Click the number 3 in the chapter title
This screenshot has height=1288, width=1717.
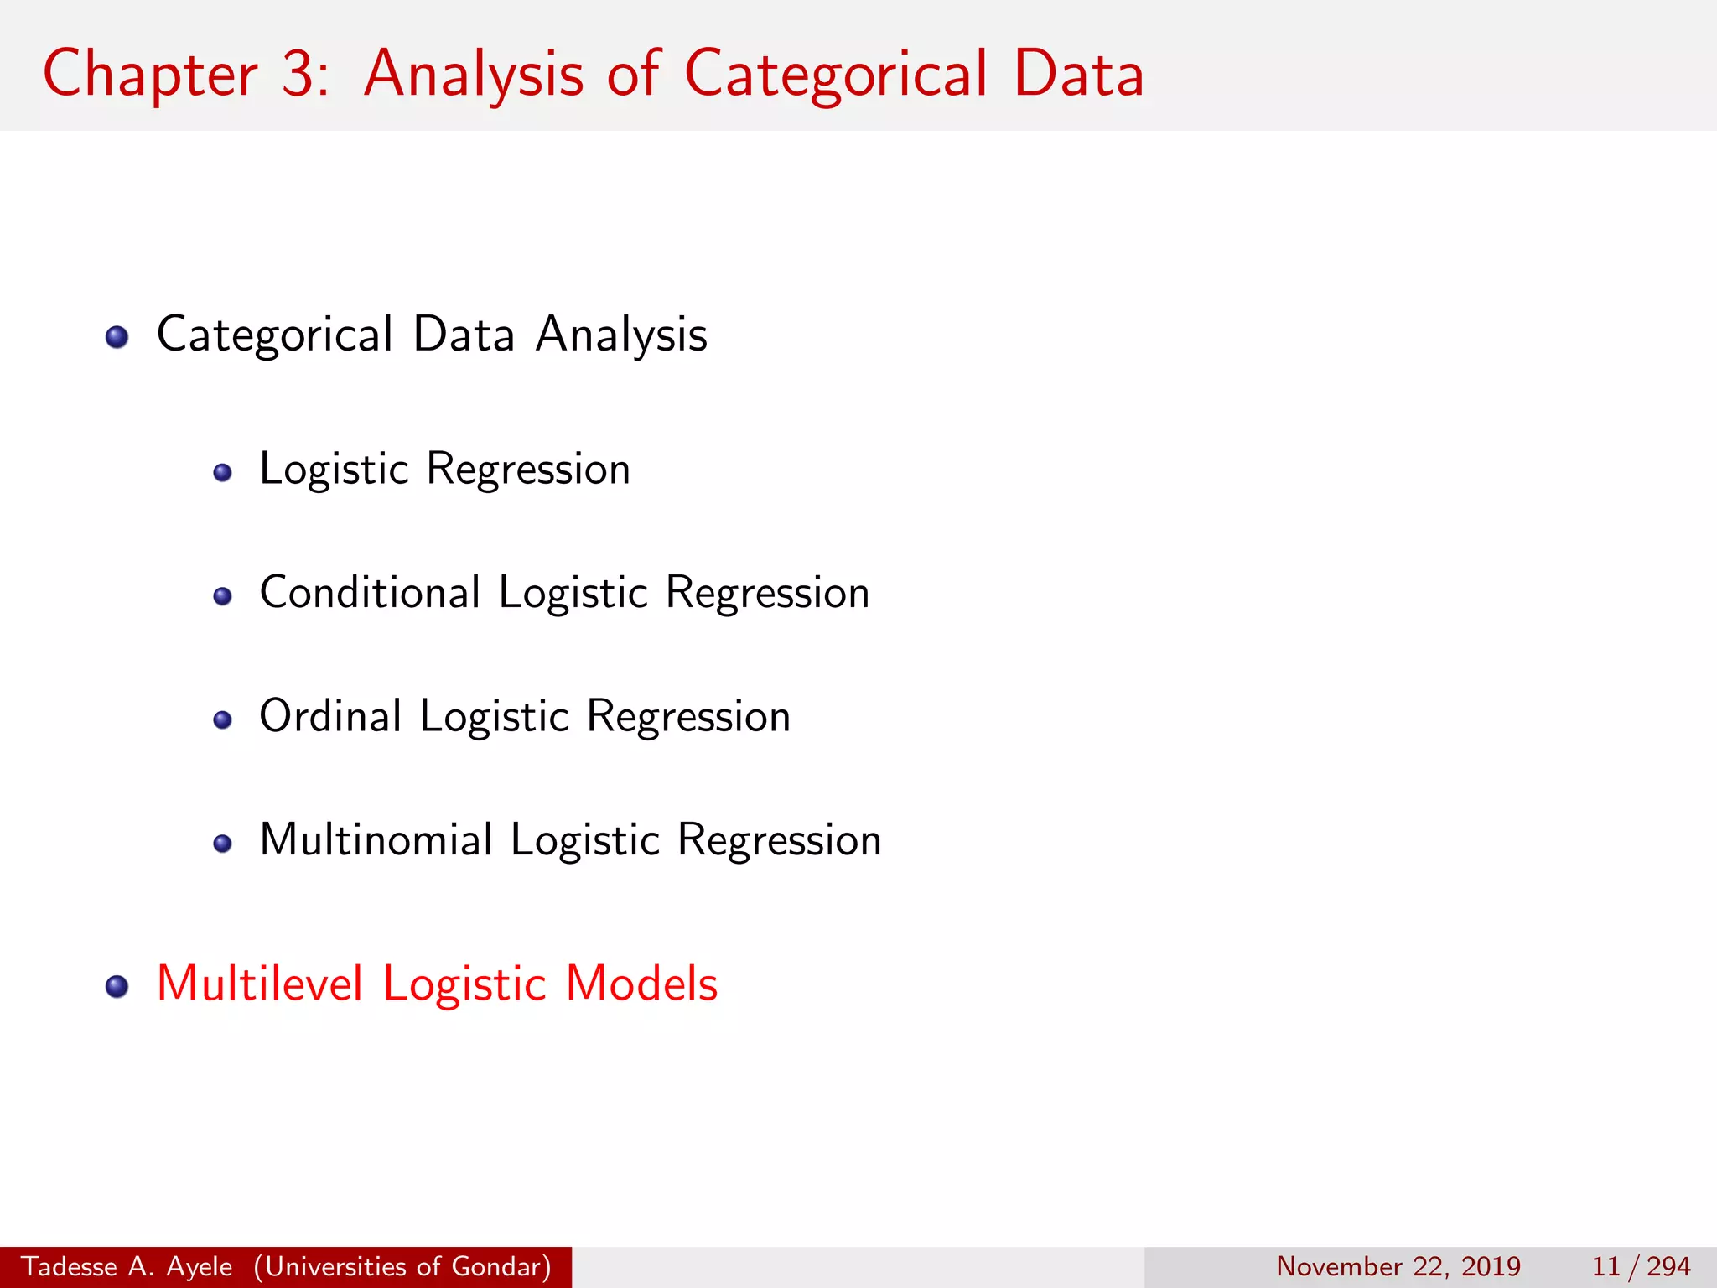pos(298,74)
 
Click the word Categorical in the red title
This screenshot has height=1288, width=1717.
pos(836,74)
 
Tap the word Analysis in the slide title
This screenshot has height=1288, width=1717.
pos(473,74)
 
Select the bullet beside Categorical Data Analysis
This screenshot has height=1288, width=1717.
pos(117,337)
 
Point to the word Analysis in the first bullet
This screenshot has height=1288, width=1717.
pos(621,335)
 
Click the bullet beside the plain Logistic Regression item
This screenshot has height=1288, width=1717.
pos(222,473)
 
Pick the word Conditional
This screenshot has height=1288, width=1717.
pos(370,592)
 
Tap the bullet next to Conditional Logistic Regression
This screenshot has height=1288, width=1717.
pos(222,596)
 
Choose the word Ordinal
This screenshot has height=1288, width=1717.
pos(331,716)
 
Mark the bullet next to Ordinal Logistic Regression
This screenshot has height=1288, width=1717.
pos(222,719)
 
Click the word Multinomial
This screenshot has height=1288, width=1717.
pos(376,839)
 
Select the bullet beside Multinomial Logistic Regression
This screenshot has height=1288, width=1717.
pos(222,844)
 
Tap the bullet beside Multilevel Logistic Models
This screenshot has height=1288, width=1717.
pos(117,987)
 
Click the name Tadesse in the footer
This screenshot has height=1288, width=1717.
pos(69,1266)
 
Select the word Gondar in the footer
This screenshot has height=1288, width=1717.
pos(501,1266)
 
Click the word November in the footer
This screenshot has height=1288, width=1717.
pos(1339,1266)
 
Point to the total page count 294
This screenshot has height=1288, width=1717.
pos(1668,1266)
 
